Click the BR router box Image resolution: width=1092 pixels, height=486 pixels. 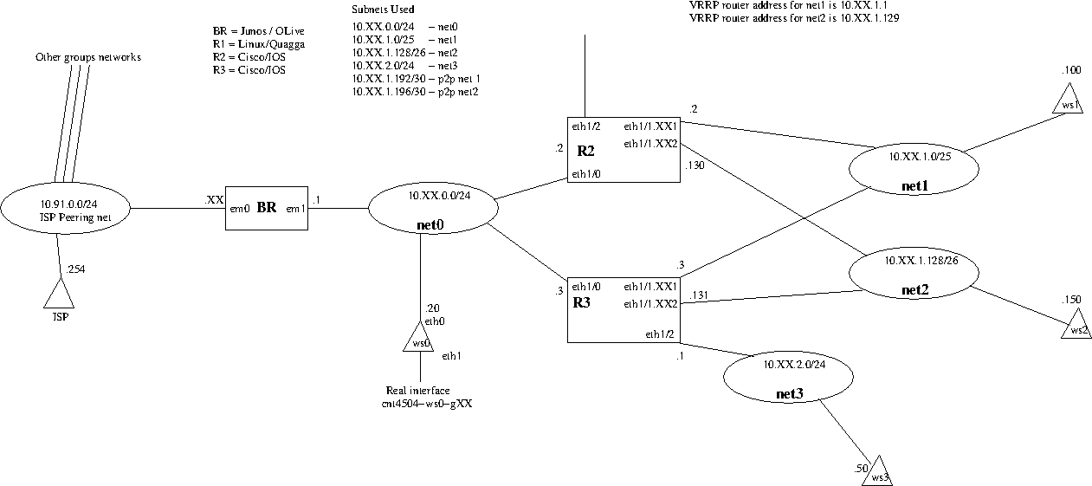pyautogui.click(x=267, y=208)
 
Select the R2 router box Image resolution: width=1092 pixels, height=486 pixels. pyautogui.click(x=623, y=150)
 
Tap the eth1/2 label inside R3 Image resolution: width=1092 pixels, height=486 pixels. pyautogui.click(x=659, y=334)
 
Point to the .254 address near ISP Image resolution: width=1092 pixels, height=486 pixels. pyautogui.click(x=76, y=269)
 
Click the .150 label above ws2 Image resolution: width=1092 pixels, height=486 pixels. pyautogui.click(x=1071, y=300)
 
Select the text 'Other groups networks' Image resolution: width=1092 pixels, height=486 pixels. pyautogui.click(x=87, y=57)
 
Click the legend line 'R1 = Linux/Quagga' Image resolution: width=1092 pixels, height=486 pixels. pyautogui.click(x=258, y=43)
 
